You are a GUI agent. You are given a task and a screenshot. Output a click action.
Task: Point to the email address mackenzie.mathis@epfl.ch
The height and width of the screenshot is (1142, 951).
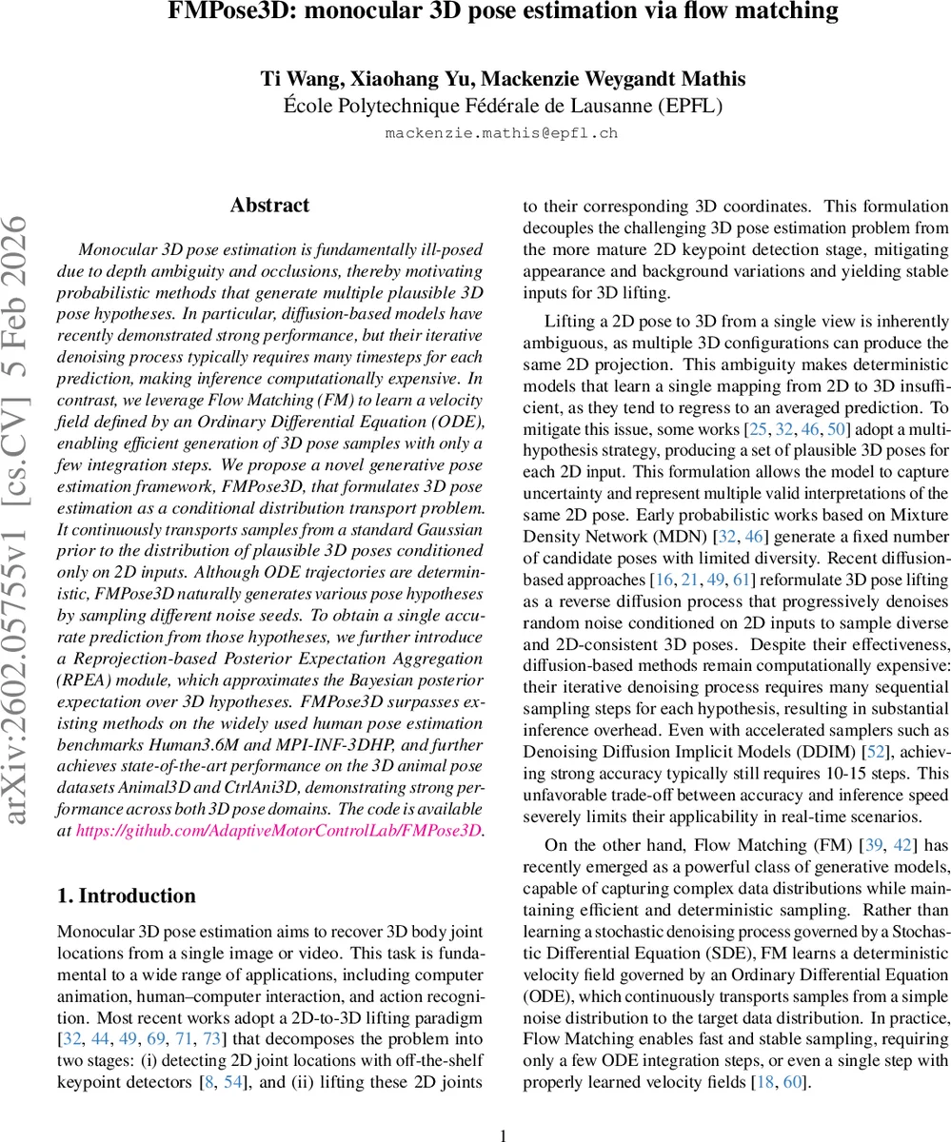pos(502,133)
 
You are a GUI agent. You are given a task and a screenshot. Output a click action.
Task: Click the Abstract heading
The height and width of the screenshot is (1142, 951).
pos(269,206)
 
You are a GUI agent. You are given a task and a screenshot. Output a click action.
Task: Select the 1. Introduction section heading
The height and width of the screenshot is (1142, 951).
pos(127,896)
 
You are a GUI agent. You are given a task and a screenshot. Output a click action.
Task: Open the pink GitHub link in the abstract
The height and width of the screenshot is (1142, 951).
pos(278,831)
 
